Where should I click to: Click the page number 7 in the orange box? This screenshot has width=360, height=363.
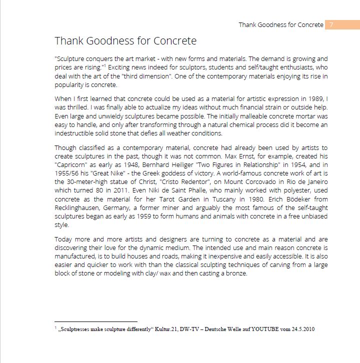(x=331, y=24)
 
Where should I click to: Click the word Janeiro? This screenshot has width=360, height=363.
(x=314, y=182)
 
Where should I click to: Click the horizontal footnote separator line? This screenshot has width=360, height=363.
(x=95, y=322)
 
